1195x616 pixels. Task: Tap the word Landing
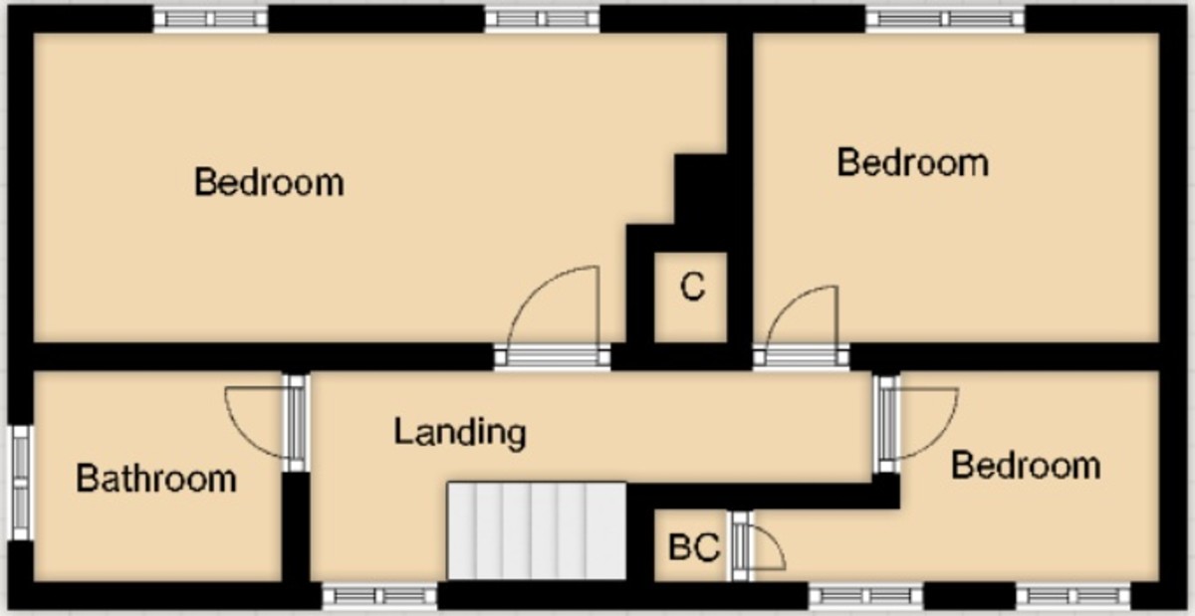(459, 432)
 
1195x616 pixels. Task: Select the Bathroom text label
(156, 479)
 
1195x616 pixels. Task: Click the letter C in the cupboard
(692, 288)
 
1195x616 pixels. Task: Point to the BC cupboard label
(693, 548)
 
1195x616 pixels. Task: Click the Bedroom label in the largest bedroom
(269, 183)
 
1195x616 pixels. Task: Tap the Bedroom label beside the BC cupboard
(1026, 465)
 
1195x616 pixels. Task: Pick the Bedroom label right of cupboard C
(912, 162)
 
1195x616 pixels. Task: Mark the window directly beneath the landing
(379, 596)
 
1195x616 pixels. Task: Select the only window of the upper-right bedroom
(944, 19)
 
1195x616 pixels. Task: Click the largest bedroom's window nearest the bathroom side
(211, 19)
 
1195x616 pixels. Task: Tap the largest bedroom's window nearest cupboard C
(542, 19)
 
